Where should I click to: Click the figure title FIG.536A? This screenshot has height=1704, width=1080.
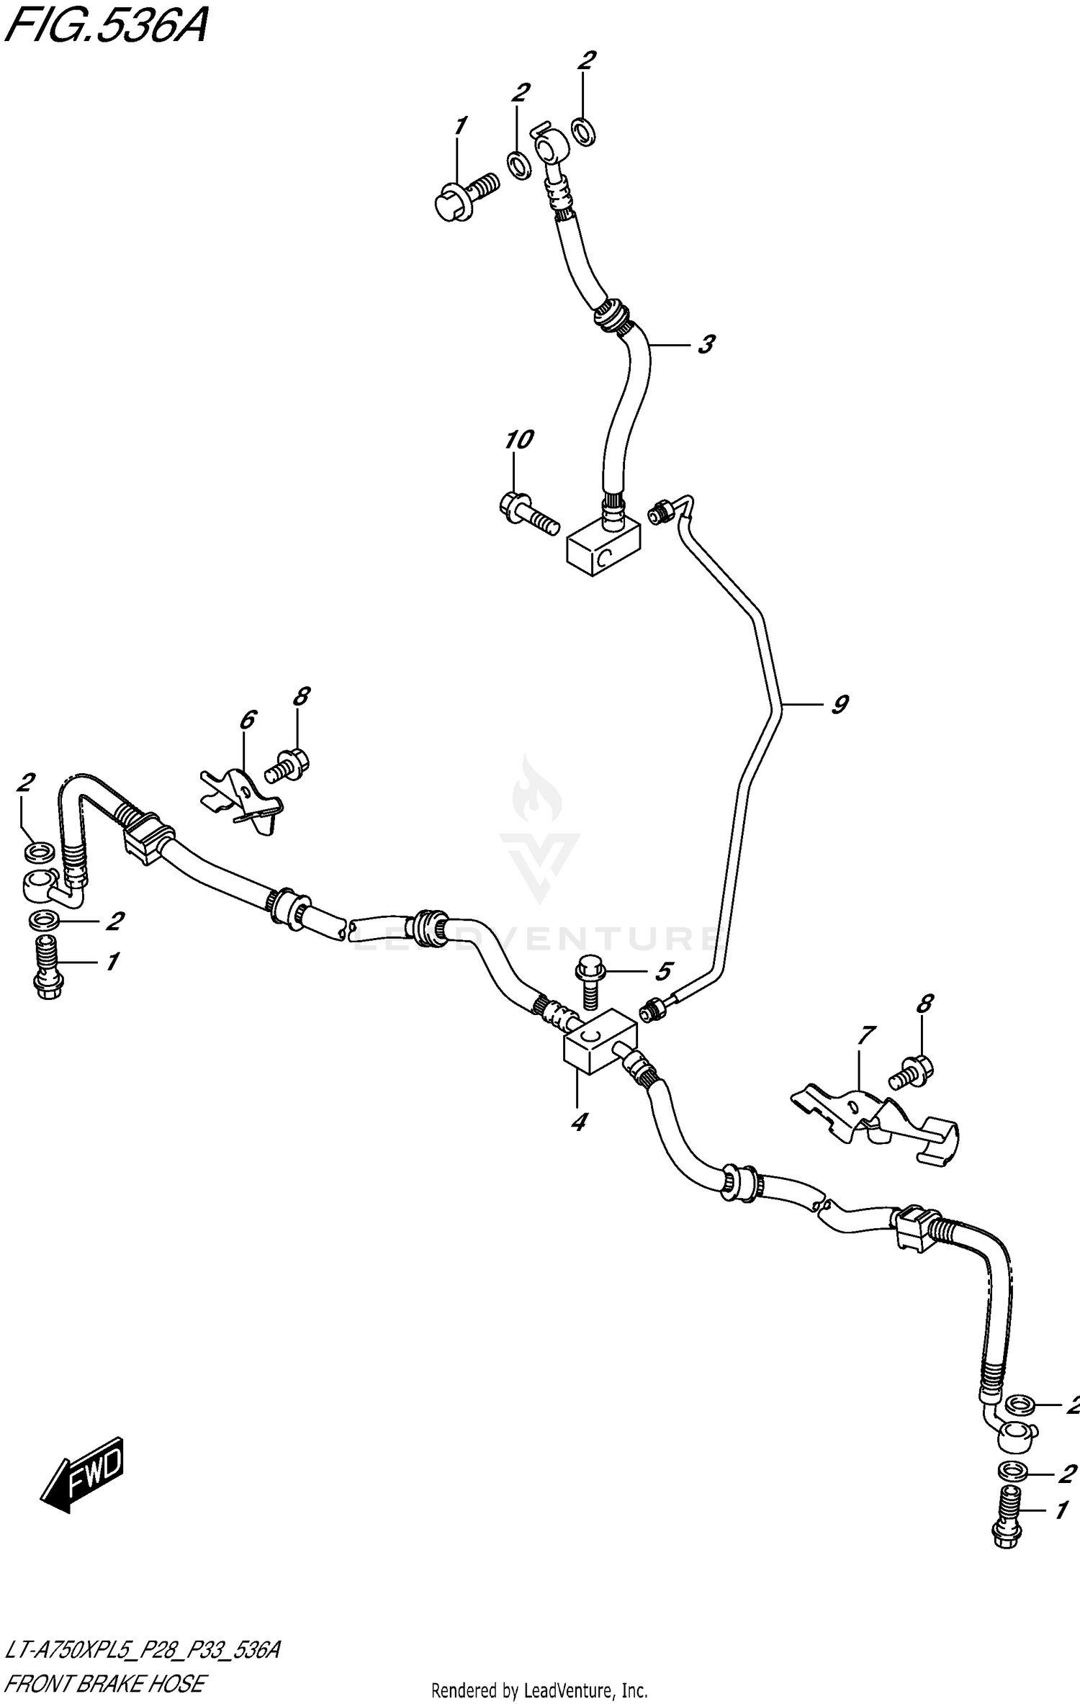click(106, 29)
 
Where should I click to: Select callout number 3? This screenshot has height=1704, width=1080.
click(706, 345)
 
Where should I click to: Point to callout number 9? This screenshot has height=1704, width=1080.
click(839, 704)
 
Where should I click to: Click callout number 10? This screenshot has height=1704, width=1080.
click(518, 439)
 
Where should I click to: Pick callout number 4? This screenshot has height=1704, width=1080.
click(578, 1121)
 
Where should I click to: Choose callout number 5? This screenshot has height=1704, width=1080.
click(662, 971)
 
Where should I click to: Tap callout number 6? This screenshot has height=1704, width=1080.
click(246, 719)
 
